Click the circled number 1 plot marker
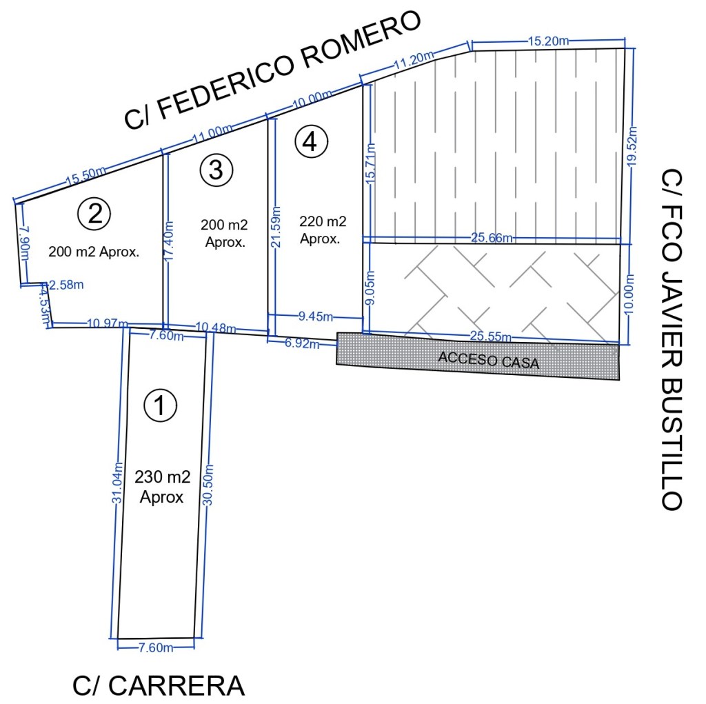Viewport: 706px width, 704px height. click(x=160, y=405)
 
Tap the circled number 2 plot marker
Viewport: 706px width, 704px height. click(x=94, y=213)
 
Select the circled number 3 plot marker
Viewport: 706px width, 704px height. click(x=216, y=169)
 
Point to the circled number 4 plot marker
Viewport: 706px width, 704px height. click(x=311, y=141)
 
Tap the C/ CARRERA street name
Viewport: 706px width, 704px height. click(x=159, y=685)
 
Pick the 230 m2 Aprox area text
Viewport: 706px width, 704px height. click(x=162, y=486)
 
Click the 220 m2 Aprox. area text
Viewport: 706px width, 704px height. click(x=323, y=230)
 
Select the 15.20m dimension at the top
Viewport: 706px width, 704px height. click(x=549, y=41)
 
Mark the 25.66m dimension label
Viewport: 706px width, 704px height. click(x=491, y=239)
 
